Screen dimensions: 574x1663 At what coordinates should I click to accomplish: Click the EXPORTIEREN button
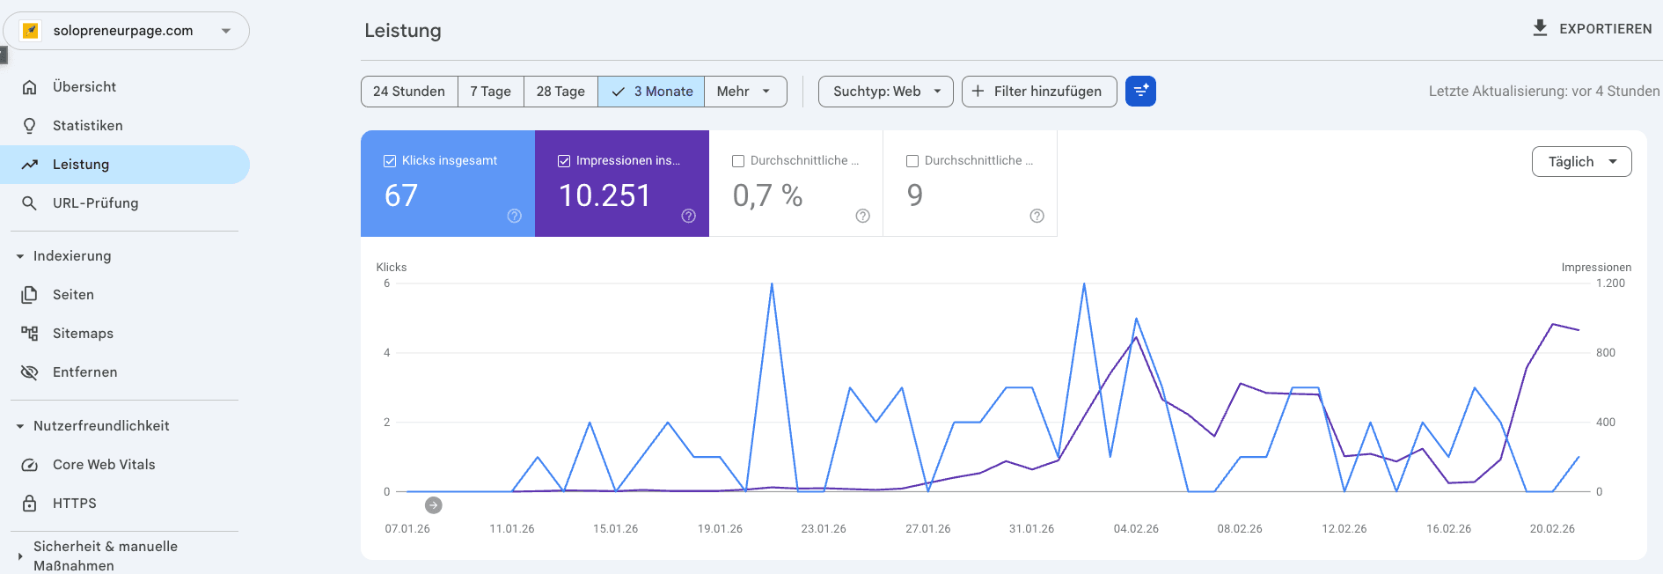1593,28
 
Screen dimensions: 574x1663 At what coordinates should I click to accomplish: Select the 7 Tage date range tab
490,92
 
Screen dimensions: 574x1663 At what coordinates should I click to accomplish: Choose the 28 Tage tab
560,92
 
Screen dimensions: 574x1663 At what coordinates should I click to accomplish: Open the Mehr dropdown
744,92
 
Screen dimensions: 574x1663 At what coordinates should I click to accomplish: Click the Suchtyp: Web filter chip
885,92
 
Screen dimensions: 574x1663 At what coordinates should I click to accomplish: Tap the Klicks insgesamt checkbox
390,161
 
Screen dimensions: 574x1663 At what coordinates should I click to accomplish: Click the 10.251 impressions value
604,195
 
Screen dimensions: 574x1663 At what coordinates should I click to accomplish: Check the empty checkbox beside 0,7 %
738,161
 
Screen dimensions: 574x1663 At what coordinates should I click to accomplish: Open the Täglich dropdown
1581,162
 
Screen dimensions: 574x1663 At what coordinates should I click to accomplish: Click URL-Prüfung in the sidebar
95,203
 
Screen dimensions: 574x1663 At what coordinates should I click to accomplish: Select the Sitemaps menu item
83,334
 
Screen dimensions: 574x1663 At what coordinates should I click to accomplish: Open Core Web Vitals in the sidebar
103,465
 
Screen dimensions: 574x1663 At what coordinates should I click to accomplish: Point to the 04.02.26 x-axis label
1135,529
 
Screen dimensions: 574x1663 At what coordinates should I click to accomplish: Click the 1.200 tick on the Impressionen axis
1610,283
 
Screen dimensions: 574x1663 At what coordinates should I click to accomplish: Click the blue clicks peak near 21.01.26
772,284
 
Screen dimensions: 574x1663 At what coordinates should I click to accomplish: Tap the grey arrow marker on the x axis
433,505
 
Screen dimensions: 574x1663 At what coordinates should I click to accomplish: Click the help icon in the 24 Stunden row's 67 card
515,216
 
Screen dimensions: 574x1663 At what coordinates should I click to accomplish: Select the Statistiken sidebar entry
87,126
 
